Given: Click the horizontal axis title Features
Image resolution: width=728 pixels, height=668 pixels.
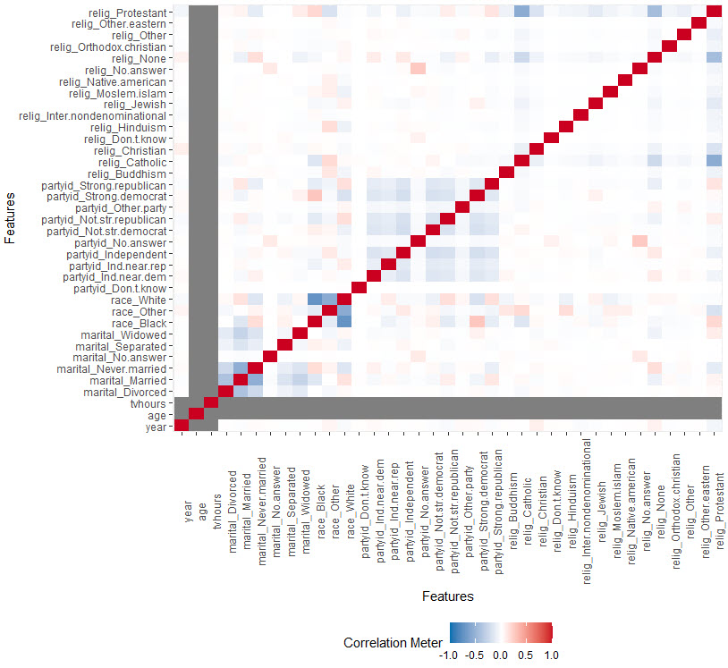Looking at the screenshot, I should pos(447,596).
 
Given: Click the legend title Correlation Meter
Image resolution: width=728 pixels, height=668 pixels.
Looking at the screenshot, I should pos(392,642).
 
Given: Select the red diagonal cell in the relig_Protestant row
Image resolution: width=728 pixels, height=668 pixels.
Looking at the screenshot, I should pos(715,11).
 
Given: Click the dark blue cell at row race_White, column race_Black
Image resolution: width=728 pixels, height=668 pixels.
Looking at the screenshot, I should pos(315,300).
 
